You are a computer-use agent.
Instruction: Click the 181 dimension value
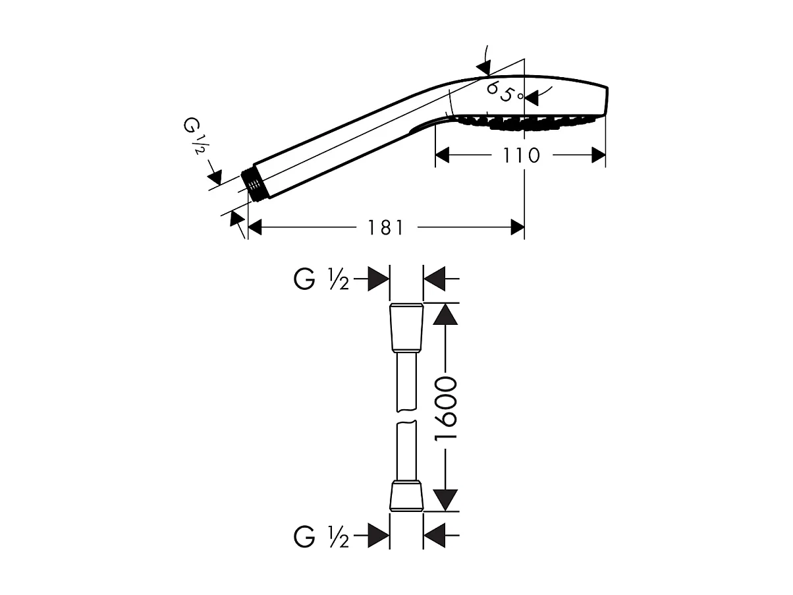pos(385,228)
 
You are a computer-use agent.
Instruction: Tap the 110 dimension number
pos(522,156)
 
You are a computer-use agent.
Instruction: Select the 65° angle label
pos(505,93)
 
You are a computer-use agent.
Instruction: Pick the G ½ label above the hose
pos(321,279)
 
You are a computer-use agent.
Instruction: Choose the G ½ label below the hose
pos(321,536)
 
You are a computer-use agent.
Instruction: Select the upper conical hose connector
pos(406,327)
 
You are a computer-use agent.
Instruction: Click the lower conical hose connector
pos(406,496)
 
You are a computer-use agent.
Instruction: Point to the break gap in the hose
pos(406,416)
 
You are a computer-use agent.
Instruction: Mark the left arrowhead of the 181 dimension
pos(255,227)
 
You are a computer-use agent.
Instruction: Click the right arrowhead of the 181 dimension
pos(517,227)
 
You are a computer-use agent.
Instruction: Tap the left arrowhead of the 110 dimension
pos(442,155)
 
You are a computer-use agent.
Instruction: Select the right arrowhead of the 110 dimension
pos(599,155)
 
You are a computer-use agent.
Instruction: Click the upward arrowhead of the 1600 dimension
pos(445,314)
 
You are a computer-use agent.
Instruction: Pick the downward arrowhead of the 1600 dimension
pos(445,500)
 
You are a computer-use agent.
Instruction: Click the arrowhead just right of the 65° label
pos(531,98)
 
